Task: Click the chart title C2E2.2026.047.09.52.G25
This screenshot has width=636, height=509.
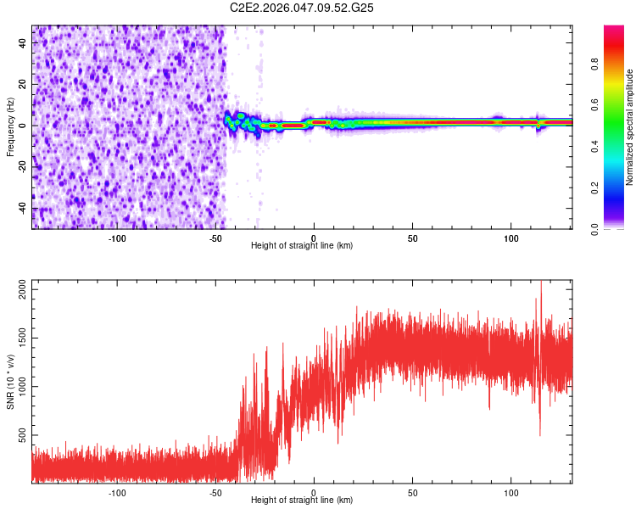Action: [x=302, y=8]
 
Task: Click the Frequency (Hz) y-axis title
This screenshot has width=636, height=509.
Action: [x=10, y=127]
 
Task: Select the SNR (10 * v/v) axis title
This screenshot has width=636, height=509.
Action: [x=10, y=380]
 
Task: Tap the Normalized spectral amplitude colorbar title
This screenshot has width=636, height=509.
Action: [x=629, y=127]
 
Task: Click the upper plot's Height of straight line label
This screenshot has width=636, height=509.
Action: [x=302, y=245]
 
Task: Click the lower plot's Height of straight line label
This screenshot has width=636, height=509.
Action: [x=302, y=500]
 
